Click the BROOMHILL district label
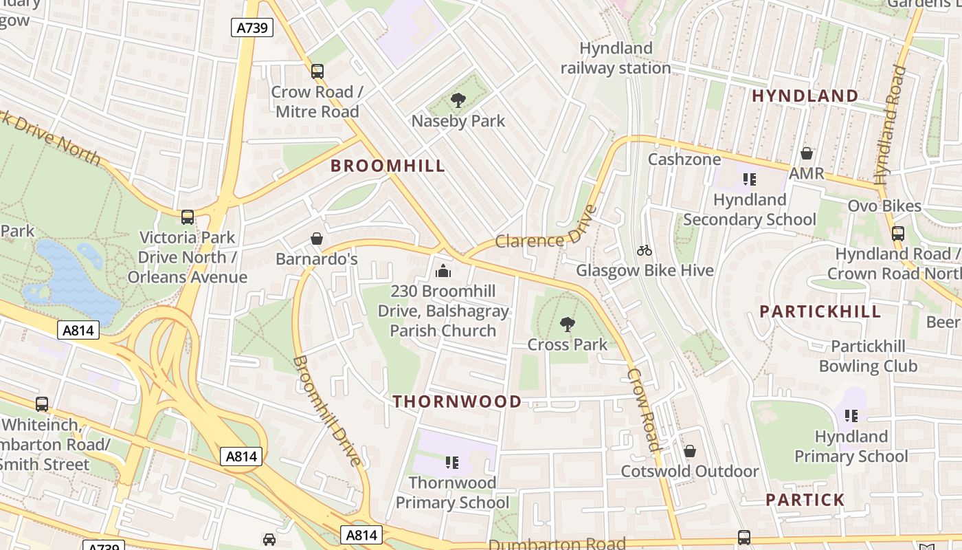coord(388,166)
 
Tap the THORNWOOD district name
coord(457,401)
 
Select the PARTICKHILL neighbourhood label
coord(820,311)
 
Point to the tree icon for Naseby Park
coord(458,101)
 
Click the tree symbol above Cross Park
coord(567,324)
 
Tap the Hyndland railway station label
coord(616,58)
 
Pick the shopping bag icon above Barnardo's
coord(317,239)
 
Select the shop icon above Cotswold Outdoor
coord(689,451)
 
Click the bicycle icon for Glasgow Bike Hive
coord(645,250)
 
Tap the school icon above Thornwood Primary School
coord(451,462)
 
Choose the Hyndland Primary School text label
coord(851,446)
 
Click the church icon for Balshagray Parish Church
coord(443,271)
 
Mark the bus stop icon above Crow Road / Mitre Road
coord(317,71)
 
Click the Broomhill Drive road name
coord(327,411)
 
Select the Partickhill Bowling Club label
coord(868,355)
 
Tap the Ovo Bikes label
coord(884,206)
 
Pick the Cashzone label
coord(684,159)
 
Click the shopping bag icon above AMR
coord(806,153)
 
